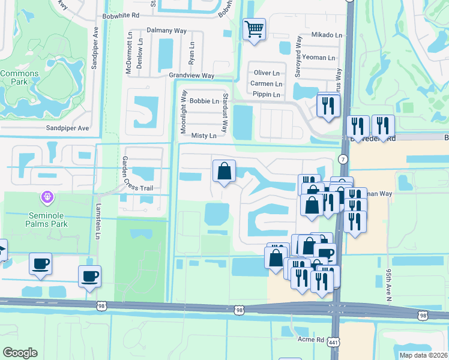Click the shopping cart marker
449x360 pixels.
pyautogui.click(x=254, y=29)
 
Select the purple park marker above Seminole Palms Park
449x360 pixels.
pyautogui.click(x=47, y=197)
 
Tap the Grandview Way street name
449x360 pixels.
pyautogui.click(x=191, y=76)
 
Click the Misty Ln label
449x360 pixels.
pyautogui.click(x=203, y=136)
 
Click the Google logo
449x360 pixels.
pyautogui.click(x=20, y=353)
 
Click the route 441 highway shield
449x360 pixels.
pyautogui.click(x=332, y=342)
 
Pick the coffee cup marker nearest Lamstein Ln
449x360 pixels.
pyautogui.click(x=89, y=276)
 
